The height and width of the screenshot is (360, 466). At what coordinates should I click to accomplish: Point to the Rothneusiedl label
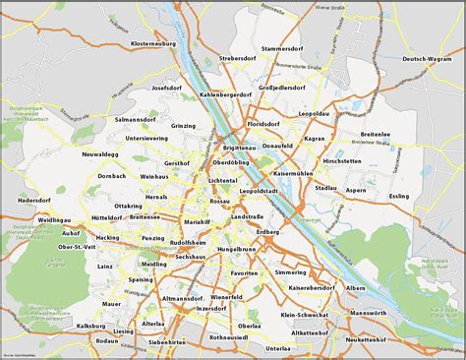[228, 336]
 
